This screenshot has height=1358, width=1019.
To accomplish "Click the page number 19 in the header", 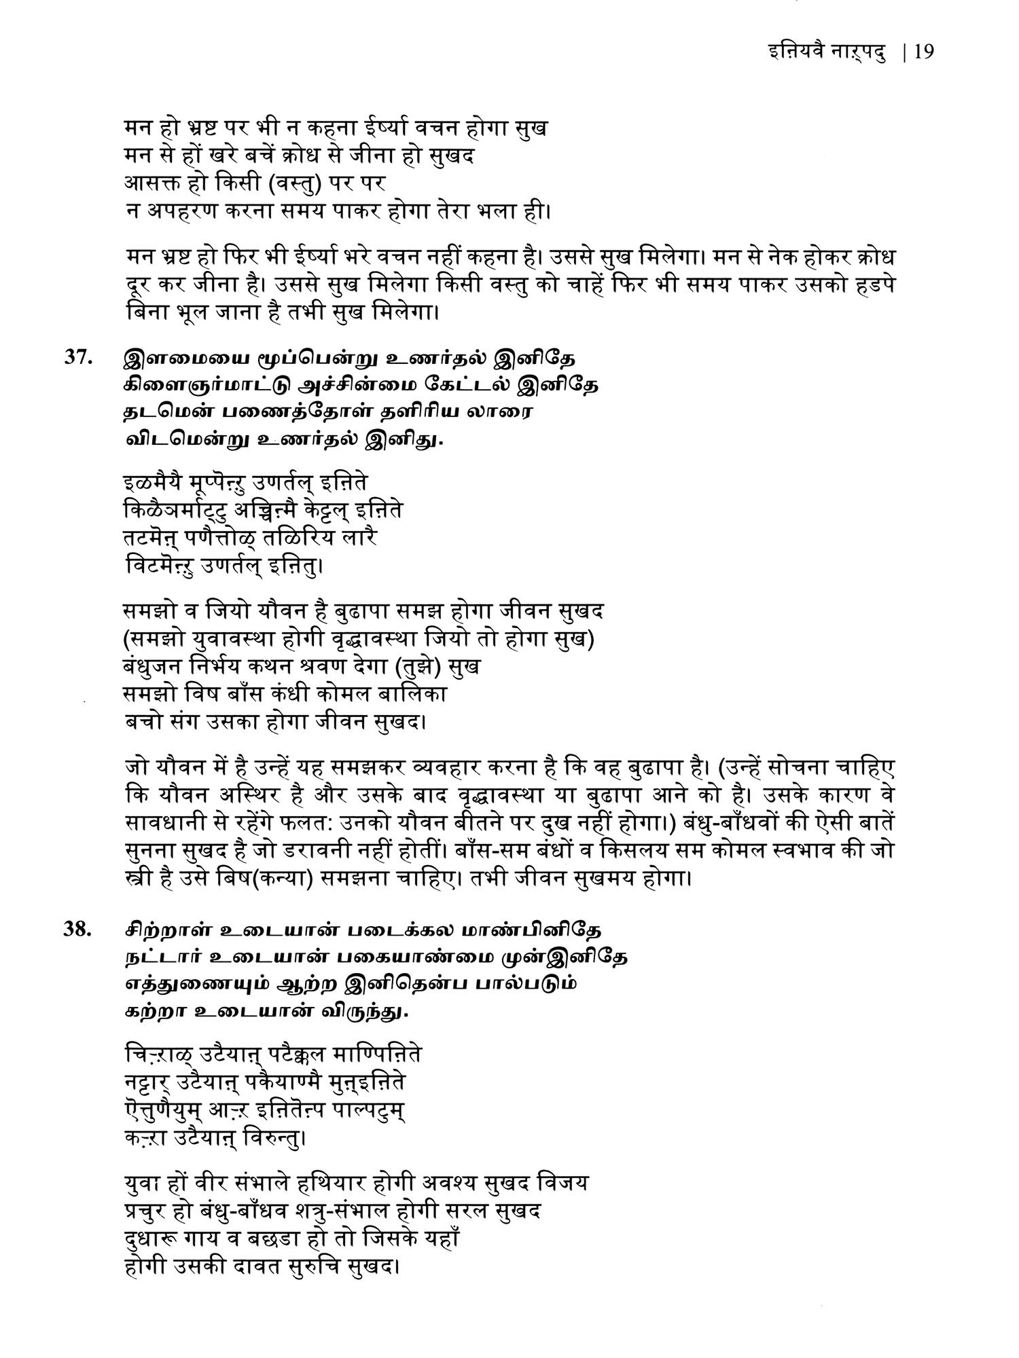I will pyautogui.click(x=925, y=52).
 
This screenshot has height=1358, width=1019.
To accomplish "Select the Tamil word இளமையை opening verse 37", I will pyautogui.click(x=179, y=358).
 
